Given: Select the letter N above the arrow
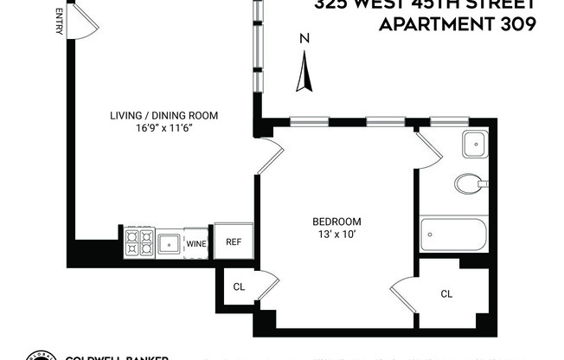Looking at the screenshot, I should coord(304,38).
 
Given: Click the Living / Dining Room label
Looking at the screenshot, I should coord(163,115).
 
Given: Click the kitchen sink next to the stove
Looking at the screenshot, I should coord(169,242).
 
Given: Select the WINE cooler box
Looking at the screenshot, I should coord(196,243).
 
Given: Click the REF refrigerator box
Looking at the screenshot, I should coord(234,241).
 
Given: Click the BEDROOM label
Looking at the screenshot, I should coord(337,222).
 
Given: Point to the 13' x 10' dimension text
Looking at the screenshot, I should coord(337,234).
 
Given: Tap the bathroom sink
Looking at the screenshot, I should coord(475,145).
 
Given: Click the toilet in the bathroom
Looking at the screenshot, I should coord(470,183).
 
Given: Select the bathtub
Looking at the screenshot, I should coord(453,235).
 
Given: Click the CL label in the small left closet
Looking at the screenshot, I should coord(238,286).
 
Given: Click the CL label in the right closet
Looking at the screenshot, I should coord(446,294).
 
